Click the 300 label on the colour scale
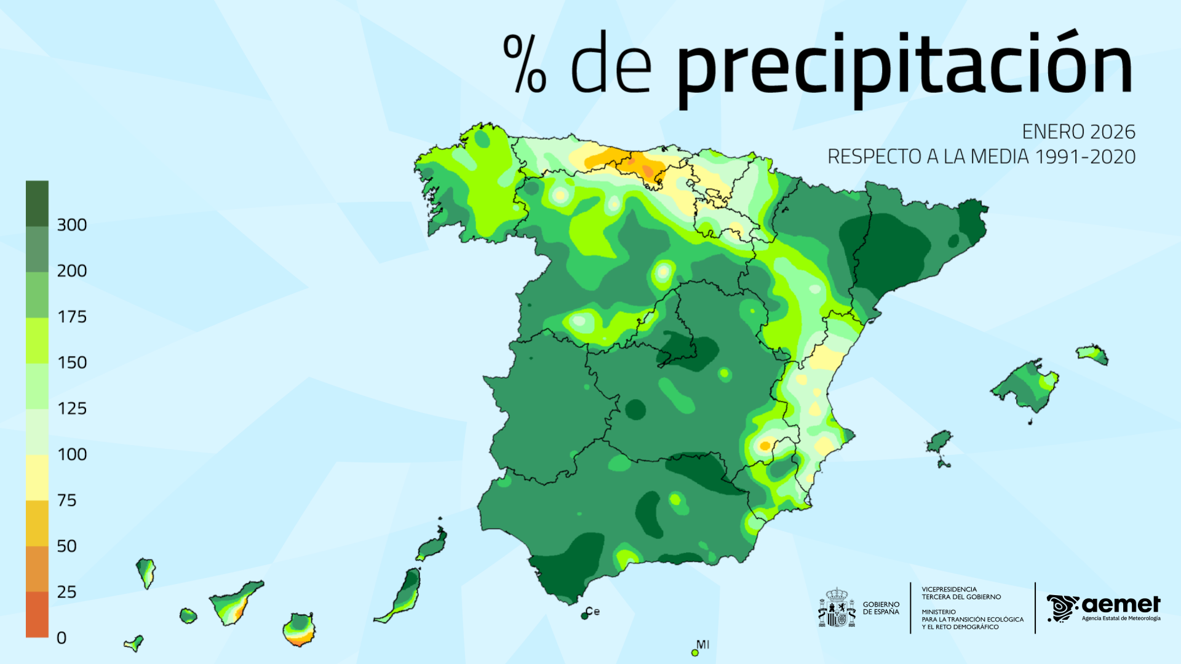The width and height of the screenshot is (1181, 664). point(71,225)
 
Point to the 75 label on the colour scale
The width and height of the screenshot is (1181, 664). point(66,500)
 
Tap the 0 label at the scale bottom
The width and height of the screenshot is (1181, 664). point(62,638)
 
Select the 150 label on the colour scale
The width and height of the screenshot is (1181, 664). point(71,363)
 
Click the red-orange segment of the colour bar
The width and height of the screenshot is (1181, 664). point(37,614)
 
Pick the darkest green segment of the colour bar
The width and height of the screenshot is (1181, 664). point(37,204)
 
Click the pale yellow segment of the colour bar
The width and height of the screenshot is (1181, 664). point(37,477)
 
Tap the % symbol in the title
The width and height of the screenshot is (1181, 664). point(525,64)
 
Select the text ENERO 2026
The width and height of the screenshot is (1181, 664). point(1078,132)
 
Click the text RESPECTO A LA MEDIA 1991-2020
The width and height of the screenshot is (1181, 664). point(981,157)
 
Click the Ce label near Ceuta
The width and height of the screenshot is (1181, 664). point(593,611)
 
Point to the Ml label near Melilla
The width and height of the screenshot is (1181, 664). point(702,644)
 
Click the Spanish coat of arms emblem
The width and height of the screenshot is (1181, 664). point(837,609)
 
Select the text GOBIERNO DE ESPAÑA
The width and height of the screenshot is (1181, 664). point(880,608)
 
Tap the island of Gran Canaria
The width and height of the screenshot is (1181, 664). point(299,629)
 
